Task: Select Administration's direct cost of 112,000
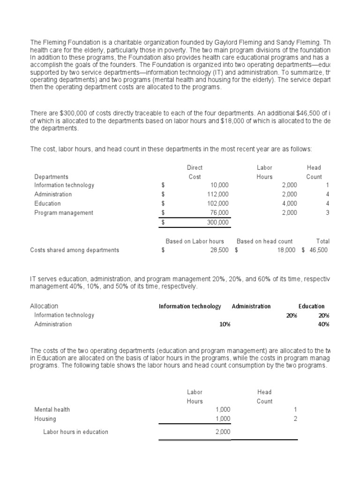[218, 194]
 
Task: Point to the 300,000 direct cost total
[218, 222]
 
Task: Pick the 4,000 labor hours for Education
[289, 203]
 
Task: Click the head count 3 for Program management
[328, 213]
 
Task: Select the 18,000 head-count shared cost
[287, 250]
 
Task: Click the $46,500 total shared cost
[318, 250]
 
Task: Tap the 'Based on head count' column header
[264, 241]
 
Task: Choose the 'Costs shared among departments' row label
[75, 250]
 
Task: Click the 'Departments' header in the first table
[51, 177]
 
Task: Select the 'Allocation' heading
[44, 306]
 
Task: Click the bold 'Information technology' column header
[189, 307]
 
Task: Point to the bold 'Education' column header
[311, 307]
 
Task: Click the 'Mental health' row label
[52, 410]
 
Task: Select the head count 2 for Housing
[295, 419]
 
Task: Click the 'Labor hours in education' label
[75, 432]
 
